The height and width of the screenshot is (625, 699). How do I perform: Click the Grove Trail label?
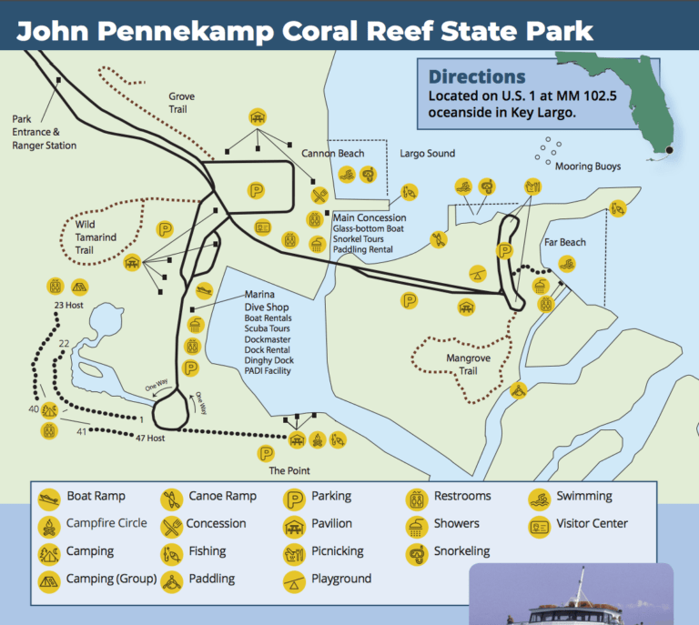(182, 103)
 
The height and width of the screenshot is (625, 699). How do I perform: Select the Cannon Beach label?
(339, 154)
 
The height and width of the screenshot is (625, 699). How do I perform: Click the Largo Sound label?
(427, 154)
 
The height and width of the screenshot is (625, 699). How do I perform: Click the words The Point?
(289, 470)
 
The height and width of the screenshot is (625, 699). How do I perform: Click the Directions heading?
(477, 77)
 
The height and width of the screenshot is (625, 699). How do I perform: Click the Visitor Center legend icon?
(540, 525)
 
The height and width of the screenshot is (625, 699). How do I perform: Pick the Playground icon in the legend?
(294, 580)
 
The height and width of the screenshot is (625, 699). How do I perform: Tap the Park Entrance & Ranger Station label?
(45, 132)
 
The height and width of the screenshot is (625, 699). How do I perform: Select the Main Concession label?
(369, 217)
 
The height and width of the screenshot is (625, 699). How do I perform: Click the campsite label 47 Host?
(148, 438)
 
